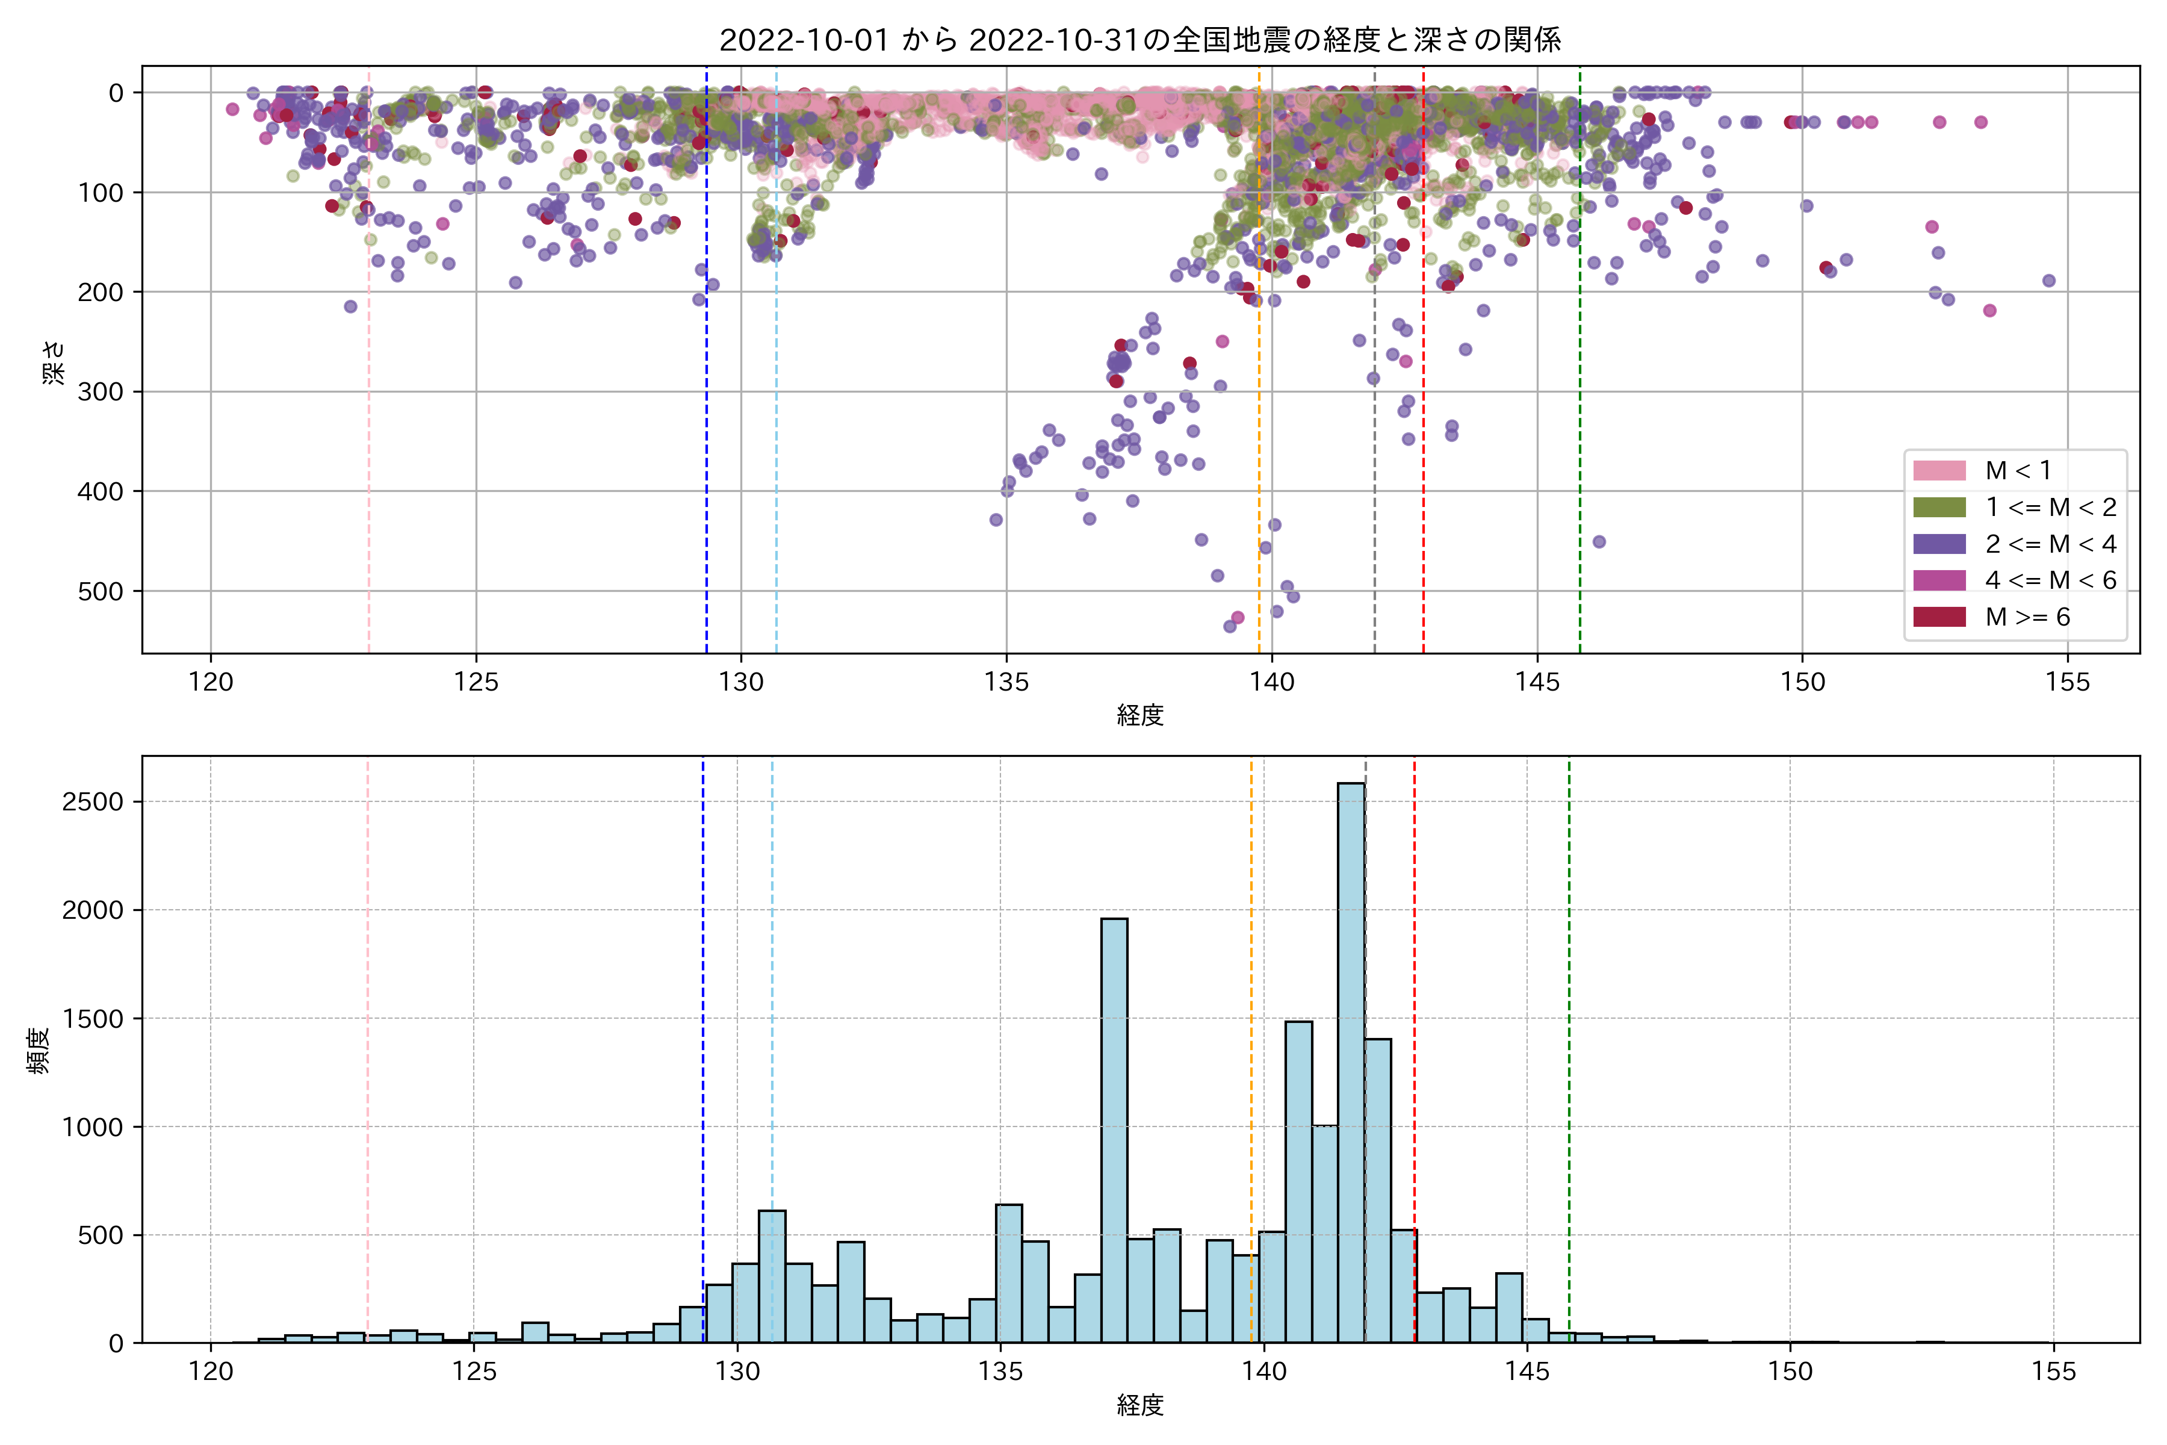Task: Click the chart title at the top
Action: (x=1139, y=40)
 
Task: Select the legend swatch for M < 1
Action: (x=1939, y=471)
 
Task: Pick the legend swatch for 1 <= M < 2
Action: (x=1939, y=508)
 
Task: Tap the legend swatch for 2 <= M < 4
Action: (x=1939, y=544)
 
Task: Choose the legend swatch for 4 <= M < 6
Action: (x=1939, y=580)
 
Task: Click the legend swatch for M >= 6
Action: (x=1939, y=617)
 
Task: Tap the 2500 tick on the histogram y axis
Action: (x=92, y=802)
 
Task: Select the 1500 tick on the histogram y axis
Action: (x=92, y=1018)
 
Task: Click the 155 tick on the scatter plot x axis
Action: (x=2068, y=683)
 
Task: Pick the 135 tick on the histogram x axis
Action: (x=1000, y=1372)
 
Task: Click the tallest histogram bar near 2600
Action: (x=1351, y=1060)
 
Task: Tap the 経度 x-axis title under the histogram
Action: (x=1139, y=1405)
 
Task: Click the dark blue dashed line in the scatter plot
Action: (x=707, y=368)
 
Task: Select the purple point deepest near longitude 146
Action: (x=1599, y=542)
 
